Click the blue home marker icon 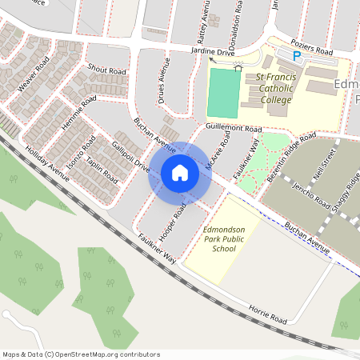click(180, 173)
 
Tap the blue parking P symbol click(297, 56)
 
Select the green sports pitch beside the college click(223, 93)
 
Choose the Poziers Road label click(311, 50)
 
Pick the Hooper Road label click(174, 214)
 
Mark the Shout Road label click(107, 70)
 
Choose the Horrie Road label click(266, 314)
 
